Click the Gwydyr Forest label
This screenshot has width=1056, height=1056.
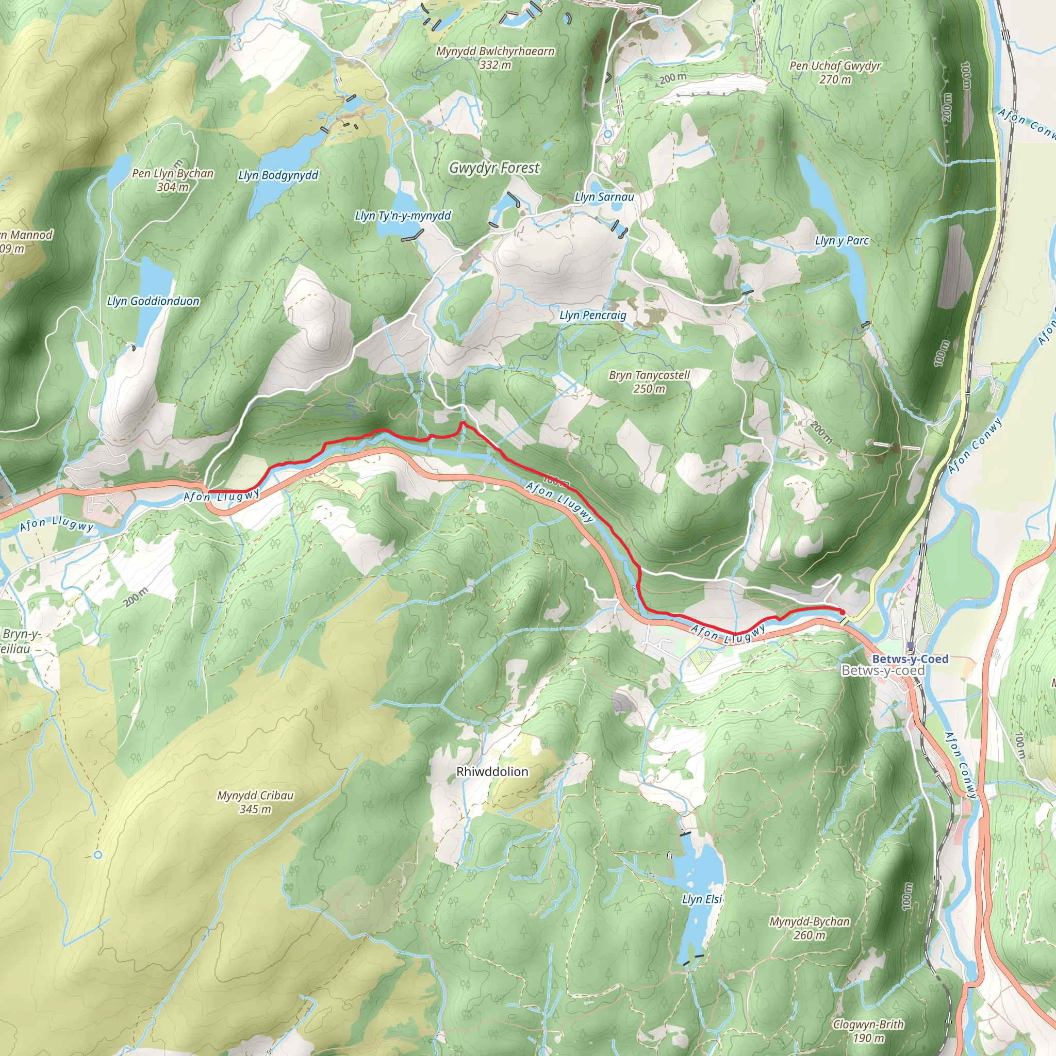(x=494, y=168)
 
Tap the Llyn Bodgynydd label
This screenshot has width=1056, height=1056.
(x=278, y=175)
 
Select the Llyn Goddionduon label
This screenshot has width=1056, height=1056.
(x=153, y=301)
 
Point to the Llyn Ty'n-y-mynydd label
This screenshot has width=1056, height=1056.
(x=403, y=216)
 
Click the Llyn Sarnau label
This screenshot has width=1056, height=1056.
(x=604, y=197)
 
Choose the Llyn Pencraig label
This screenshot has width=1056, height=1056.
(x=592, y=316)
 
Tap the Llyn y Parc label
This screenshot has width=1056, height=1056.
(x=841, y=240)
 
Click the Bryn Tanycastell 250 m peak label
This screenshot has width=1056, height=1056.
(x=649, y=382)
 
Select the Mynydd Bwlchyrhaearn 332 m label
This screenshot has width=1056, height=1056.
(x=495, y=58)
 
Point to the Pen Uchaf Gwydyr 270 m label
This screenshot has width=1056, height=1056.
(x=835, y=72)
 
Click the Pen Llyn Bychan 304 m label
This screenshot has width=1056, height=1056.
(x=173, y=180)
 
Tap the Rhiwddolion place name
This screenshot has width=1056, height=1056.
(x=492, y=772)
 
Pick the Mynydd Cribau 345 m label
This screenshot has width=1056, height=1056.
(x=255, y=802)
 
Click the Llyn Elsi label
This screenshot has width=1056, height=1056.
(x=702, y=900)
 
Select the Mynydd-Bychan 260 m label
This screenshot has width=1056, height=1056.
(x=810, y=928)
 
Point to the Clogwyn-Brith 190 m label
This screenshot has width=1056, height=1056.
(x=868, y=1031)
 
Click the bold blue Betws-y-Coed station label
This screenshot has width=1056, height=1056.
(x=910, y=659)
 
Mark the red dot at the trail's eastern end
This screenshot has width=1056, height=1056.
(x=841, y=612)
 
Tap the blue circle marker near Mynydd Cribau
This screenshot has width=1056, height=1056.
(x=98, y=854)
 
